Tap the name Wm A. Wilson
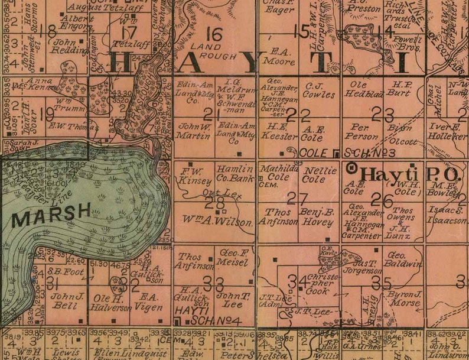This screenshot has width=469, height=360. point(215,223)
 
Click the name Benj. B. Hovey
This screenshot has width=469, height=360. point(318,218)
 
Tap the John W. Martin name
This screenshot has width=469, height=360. point(194,131)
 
